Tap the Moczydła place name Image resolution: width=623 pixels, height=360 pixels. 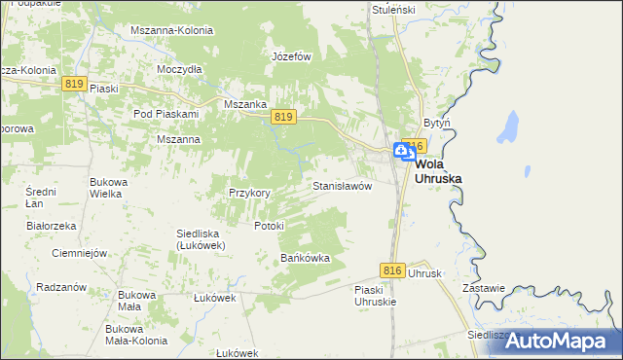pos(179,70)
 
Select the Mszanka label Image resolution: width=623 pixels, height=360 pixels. pos(244,104)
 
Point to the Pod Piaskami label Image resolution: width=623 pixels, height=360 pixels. pos(165,114)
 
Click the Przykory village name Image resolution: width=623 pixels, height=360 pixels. pos(249,193)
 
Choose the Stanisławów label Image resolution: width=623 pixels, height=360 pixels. pos(342,185)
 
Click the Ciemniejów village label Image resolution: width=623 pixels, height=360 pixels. pos(78,253)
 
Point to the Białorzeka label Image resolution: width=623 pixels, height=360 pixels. pos(52,226)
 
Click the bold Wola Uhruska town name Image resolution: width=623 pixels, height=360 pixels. pos(438,171)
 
